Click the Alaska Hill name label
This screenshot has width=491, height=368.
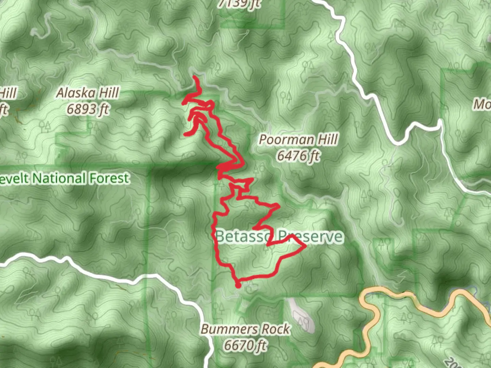click(88, 93)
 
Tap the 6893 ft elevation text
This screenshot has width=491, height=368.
click(88, 109)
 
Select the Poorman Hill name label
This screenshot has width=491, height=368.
click(298, 139)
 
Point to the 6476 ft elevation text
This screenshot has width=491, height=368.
click(298, 156)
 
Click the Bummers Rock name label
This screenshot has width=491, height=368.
click(245, 329)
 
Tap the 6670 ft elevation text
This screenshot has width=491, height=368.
click(245, 345)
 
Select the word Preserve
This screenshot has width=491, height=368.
click(310, 236)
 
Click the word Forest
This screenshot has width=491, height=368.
click(109, 178)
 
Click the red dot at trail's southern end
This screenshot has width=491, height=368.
click(238, 286)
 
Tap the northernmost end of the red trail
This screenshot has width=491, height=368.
click(194, 77)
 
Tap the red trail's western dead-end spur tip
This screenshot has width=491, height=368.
click(185, 135)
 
